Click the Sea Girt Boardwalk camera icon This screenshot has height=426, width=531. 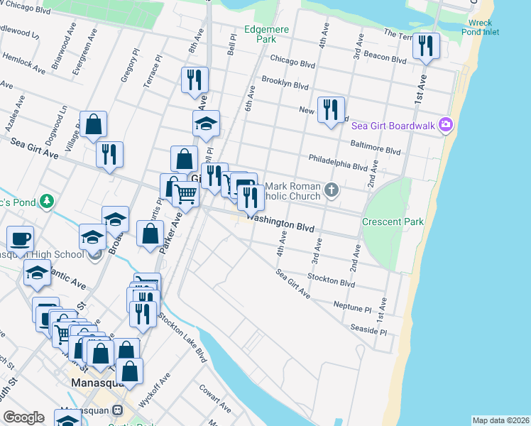pos(446,125)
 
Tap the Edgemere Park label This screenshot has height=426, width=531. pos(260,35)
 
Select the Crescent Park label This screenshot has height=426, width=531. pos(393,222)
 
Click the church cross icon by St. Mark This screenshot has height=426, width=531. pos(332,190)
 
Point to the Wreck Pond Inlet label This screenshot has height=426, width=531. pos(479,27)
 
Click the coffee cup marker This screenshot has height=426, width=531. pos(20,239)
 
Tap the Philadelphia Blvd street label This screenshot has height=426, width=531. pos(337,162)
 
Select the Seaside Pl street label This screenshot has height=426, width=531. pos(368,329)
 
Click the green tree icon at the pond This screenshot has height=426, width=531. pos(47,201)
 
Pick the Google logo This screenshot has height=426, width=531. pos(23,417)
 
